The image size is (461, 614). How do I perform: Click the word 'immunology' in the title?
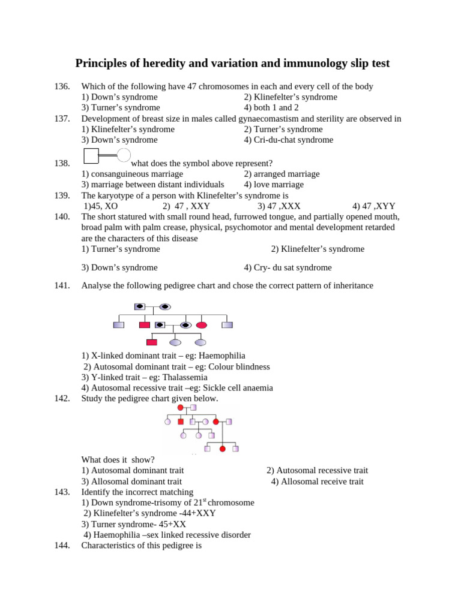click(313, 63)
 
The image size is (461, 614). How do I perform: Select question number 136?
click(62, 86)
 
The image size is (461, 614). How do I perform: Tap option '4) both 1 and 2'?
click(271, 108)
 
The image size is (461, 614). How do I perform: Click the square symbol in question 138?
click(91, 156)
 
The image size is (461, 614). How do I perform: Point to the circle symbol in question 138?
click(123, 155)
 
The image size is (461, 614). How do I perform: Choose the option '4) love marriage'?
click(274, 185)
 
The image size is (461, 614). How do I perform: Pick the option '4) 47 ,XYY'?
click(373, 206)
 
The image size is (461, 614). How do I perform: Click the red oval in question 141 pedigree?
click(202, 325)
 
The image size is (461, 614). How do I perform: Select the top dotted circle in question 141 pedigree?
click(164, 306)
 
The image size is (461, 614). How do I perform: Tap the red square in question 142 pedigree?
click(181, 422)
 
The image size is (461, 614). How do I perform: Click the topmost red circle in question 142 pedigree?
click(180, 408)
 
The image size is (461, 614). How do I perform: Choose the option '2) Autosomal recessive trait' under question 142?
click(317, 471)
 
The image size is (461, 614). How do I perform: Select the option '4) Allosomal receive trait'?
click(317, 481)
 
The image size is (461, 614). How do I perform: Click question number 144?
click(62, 546)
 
